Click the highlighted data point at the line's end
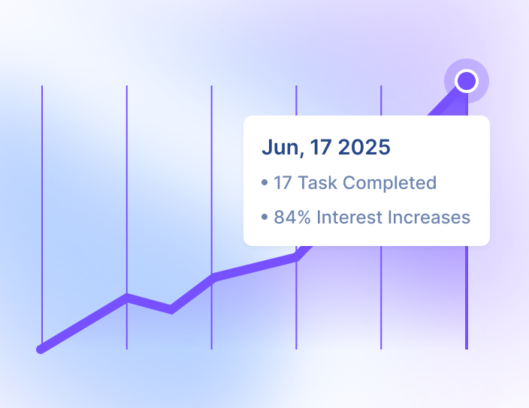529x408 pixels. point(466,81)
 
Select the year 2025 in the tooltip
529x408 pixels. point(364,147)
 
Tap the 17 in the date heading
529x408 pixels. point(321,147)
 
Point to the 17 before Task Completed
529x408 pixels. point(283,183)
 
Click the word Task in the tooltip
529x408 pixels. point(317,183)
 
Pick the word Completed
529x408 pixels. point(390,184)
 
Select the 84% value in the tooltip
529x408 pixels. point(292,217)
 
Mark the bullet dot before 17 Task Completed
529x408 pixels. point(264,183)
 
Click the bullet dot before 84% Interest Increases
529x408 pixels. point(264,217)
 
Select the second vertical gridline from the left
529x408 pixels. point(127,217)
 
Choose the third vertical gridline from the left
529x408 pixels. point(212,217)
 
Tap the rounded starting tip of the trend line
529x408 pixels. point(41,349)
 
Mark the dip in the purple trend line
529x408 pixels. point(171,310)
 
